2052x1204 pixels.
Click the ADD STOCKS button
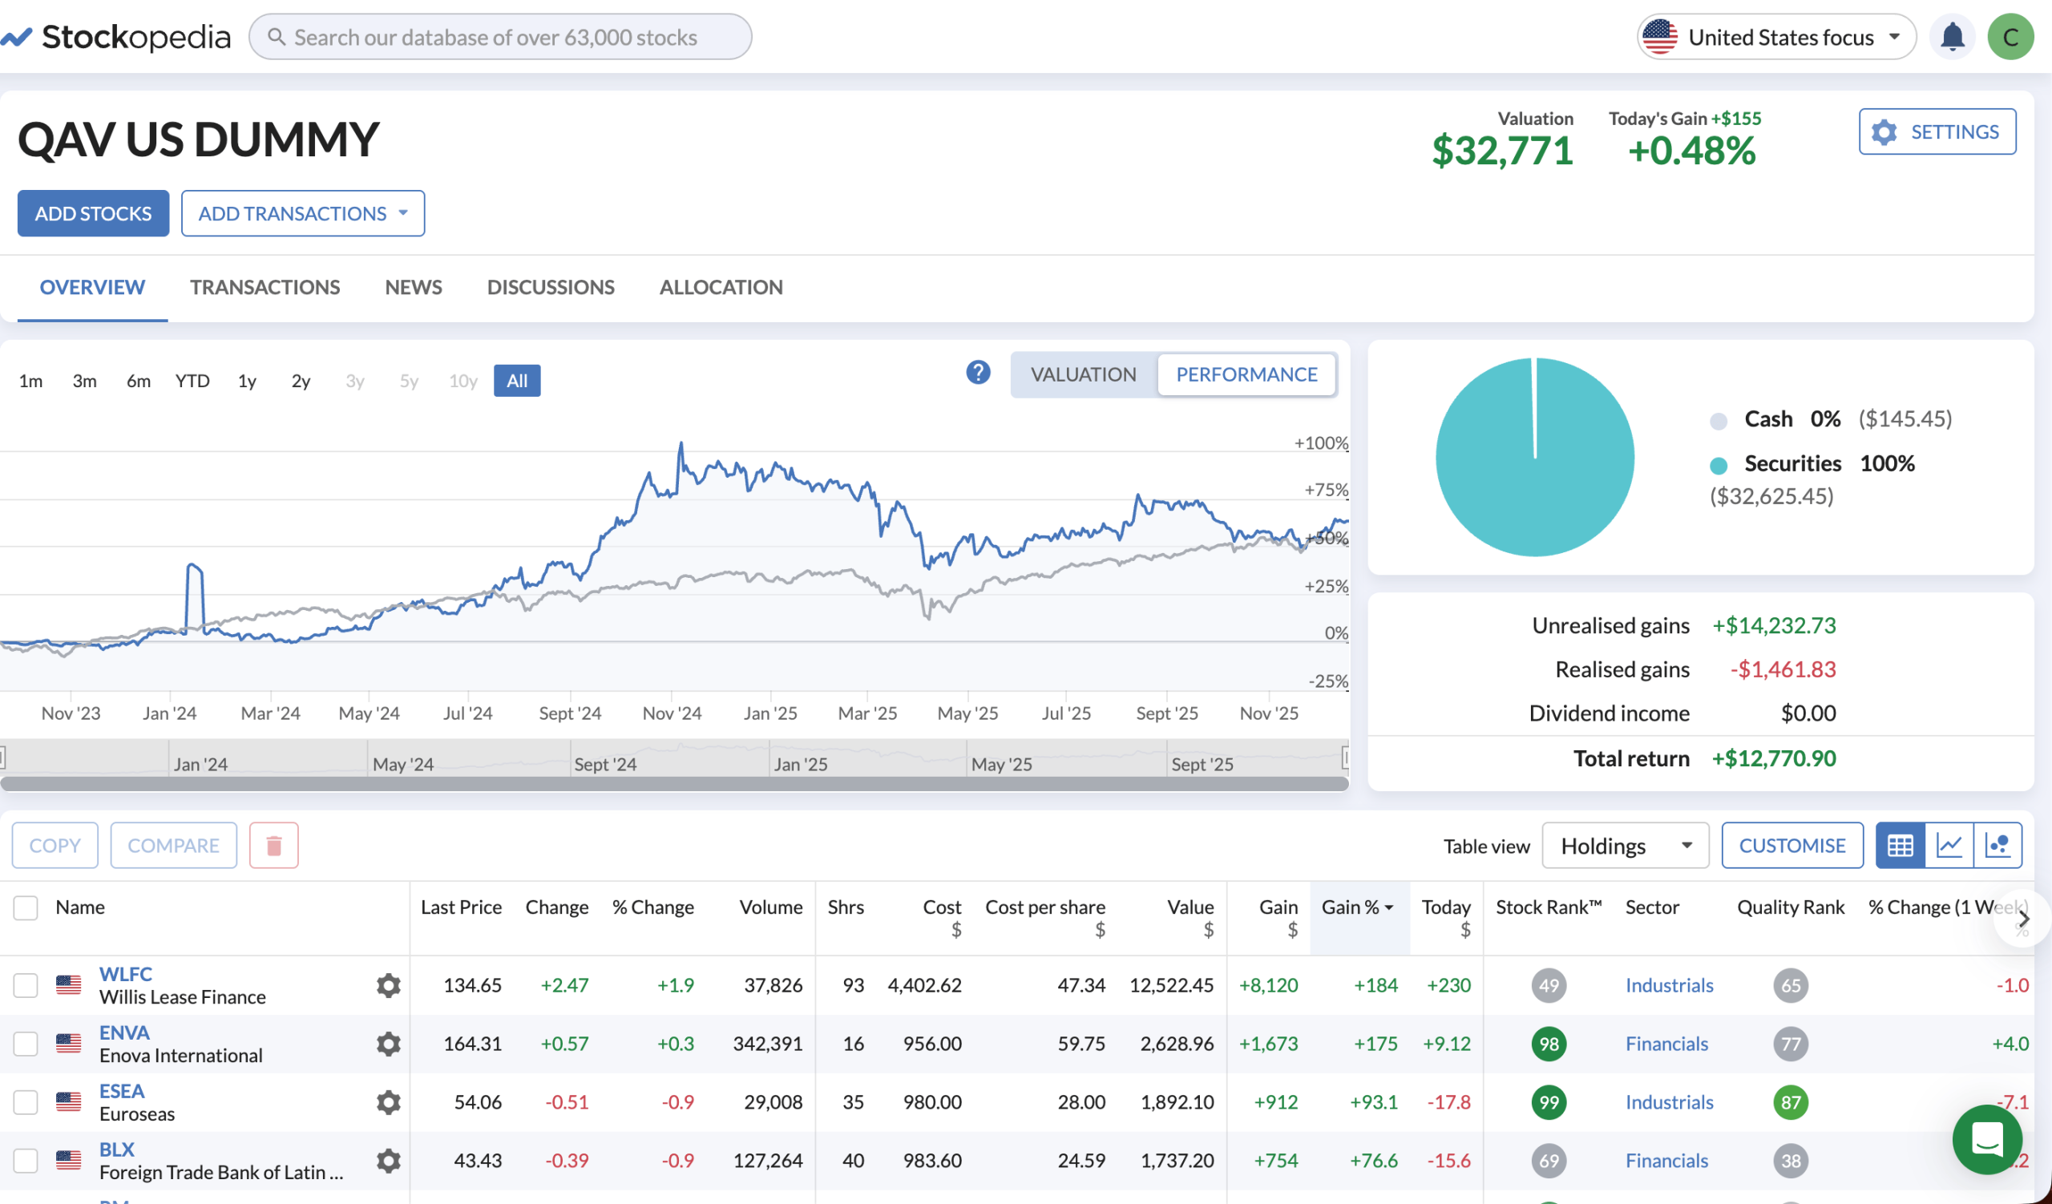[x=93, y=213]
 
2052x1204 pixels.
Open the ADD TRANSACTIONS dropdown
[x=302, y=213]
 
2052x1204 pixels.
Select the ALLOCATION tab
[x=721, y=287]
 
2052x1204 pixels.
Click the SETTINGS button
[x=1937, y=132]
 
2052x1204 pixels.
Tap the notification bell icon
[x=1952, y=38]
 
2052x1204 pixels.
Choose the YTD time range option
[x=192, y=381]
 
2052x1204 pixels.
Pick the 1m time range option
[x=31, y=381]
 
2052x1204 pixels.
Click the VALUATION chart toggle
[x=1083, y=374]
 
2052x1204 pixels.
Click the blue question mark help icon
[x=978, y=373]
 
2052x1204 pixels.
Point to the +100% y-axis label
[x=1321, y=443]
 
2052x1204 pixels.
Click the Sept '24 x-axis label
[x=570, y=714]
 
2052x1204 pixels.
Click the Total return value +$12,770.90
[x=1774, y=758]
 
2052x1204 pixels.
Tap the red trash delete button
[x=273, y=846]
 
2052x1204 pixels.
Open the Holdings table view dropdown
[x=1625, y=846]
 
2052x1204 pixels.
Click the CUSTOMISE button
[x=1791, y=846]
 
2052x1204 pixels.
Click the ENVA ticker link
[x=123, y=1033]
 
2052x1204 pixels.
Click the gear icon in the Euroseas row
[x=389, y=1103]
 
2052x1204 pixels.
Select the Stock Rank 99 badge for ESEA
[x=1548, y=1103]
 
